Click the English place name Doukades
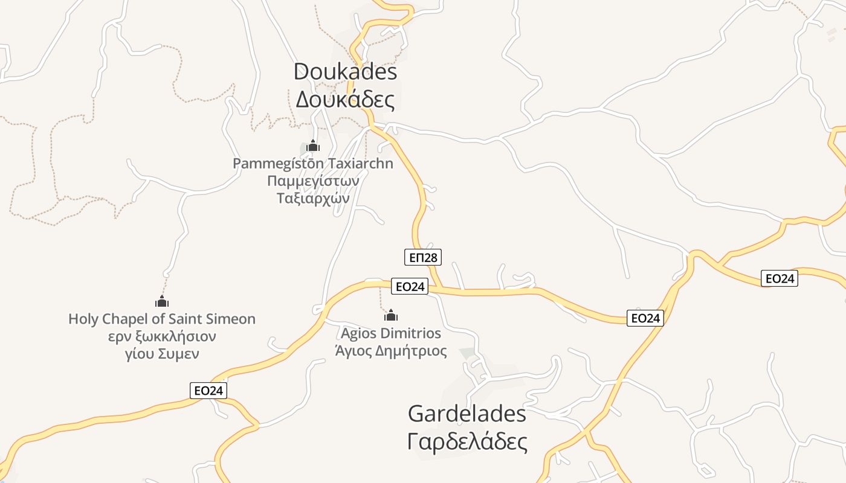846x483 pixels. [x=345, y=72]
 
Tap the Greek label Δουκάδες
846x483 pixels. [x=345, y=100]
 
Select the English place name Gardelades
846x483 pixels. [x=467, y=414]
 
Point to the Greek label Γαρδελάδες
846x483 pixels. [x=467, y=442]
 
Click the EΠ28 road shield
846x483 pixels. [x=423, y=258]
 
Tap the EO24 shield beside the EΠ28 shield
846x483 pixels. [x=409, y=287]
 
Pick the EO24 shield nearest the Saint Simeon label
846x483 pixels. [x=208, y=391]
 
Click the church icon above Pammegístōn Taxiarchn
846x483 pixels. [x=313, y=146]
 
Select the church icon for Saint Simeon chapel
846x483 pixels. [x=161, y=301]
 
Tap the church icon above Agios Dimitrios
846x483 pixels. [x=391, y=315]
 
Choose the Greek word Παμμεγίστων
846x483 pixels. [x=313, y=181]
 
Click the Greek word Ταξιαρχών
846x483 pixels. [x=313, y=197]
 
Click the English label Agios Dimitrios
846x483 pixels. [x=391, y=333]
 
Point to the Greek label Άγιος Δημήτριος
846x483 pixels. [x=391, y=351]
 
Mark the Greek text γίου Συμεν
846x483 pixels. [x=161, y=354]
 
